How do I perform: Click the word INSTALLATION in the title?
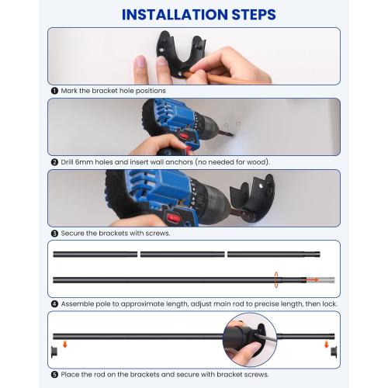point(175,15)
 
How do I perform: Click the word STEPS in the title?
point(254,15)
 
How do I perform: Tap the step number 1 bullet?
point(54,91)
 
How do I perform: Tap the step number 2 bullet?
point(54,162)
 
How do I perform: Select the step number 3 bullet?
point(54,234)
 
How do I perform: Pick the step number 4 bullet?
point(54,304)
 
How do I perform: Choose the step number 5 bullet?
point(54,375)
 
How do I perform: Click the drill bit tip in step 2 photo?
point(233,135)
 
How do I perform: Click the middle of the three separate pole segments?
point(182,255)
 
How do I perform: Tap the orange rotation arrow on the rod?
point(276,280)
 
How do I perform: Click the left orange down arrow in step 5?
point(65,345)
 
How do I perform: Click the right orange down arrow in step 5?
point(327,345)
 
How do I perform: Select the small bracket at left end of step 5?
point(54,352)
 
